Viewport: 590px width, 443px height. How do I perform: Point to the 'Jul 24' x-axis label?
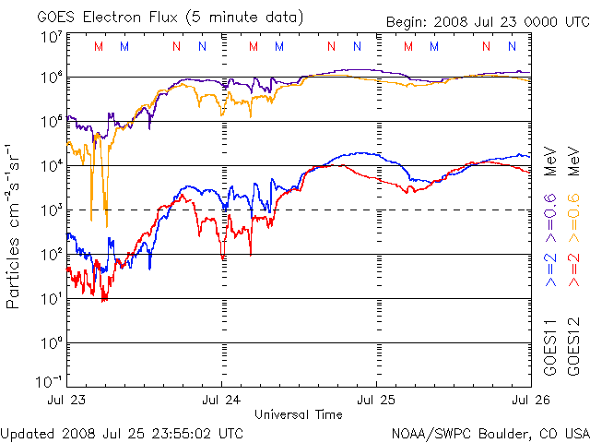221,401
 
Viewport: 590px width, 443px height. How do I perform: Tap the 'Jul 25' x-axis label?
376,401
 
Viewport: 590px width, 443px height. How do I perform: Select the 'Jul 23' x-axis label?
66,401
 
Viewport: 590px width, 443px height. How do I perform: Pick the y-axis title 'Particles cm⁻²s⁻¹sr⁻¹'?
16,225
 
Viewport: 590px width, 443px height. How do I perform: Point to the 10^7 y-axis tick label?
52,37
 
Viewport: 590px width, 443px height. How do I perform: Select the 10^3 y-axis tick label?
52,210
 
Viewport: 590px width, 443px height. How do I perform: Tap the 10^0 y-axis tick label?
52,342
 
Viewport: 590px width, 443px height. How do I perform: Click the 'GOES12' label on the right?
573,351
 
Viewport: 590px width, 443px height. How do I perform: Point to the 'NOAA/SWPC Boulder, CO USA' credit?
490,432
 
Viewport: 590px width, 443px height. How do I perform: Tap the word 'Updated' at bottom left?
29,432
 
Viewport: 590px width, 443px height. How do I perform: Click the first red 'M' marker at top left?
99,46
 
